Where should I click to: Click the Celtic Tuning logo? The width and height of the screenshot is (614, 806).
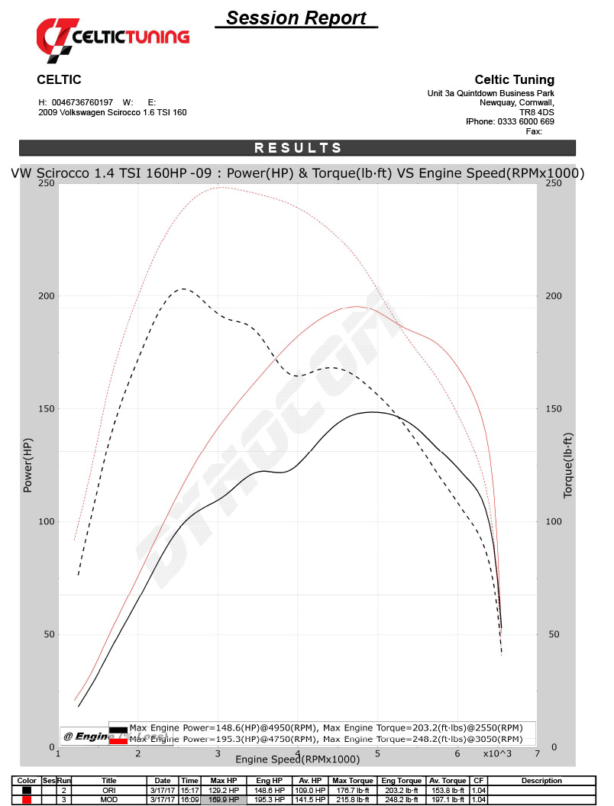point(113,36)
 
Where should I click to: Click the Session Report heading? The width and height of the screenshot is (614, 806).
point(296,18)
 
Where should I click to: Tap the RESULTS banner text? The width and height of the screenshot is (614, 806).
point(298,148)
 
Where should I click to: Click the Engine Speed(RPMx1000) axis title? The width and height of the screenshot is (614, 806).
point(297,759)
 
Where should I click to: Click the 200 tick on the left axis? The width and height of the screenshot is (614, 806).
point(45,296)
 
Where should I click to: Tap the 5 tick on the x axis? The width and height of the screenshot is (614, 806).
point(377,754)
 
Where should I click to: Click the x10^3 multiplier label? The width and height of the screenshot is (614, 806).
point(498,754)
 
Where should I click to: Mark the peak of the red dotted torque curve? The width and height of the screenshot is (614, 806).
point(220,186)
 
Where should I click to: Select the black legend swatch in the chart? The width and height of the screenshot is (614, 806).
point(118,728)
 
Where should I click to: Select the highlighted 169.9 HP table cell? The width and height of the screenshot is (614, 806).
point(224,799)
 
